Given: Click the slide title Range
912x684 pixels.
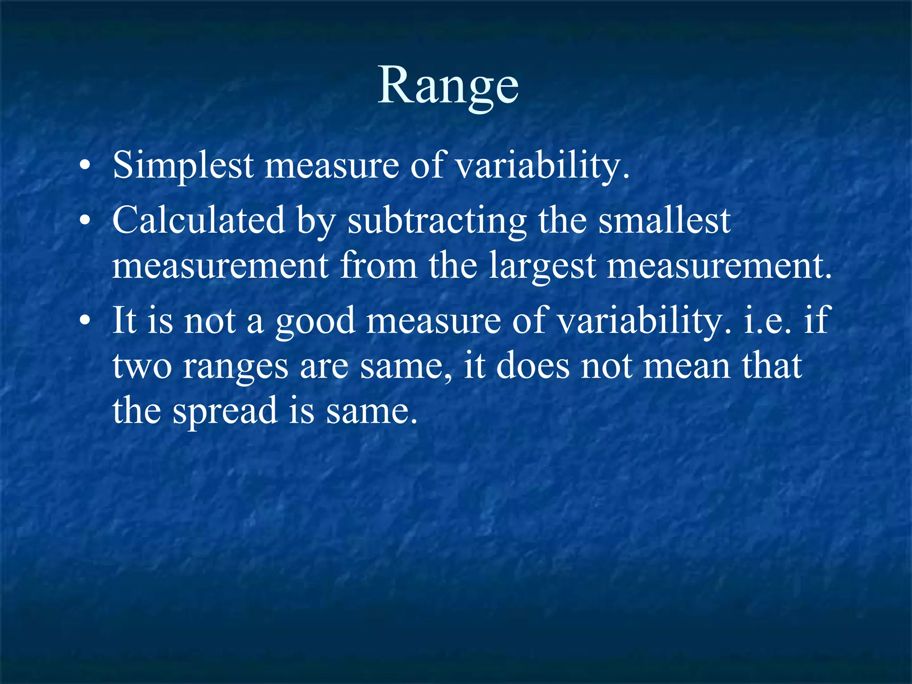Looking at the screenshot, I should point(448,85).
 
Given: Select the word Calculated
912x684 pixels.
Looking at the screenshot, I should point(199,220).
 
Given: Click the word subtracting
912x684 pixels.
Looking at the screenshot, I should point(437,221).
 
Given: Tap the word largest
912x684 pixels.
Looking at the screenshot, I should point(542,267).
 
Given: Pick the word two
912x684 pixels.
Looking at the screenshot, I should point(142,366).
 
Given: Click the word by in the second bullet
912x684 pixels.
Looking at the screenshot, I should point(316,221).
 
